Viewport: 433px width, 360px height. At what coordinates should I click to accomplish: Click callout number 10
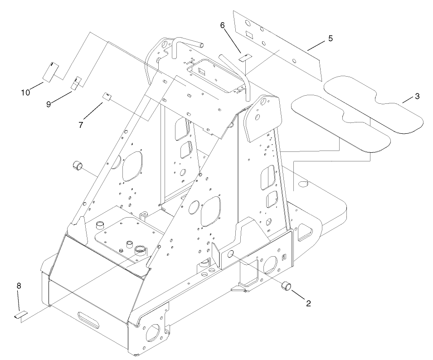click(25, 92)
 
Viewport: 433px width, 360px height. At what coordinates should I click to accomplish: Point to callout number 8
click(19, 286)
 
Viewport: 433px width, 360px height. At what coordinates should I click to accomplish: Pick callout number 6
click(223, 26)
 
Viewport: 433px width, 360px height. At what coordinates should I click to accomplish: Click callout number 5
click(331, 39)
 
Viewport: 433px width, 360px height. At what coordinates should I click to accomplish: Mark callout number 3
click(417, 96)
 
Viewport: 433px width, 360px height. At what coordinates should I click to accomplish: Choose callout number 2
click(308, 303)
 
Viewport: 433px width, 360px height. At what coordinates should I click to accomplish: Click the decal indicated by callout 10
click(52, 72)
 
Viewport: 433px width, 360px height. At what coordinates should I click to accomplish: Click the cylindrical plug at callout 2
click(286, 287)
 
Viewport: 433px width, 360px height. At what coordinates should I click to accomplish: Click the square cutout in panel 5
click(249, 34)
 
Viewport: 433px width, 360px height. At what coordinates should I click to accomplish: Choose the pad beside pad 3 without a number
click(340, 122)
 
